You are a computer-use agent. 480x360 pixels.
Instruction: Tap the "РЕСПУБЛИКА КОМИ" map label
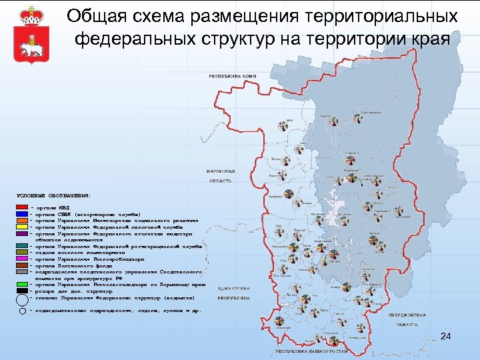pos(234,75)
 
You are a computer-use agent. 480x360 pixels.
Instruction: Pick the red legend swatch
pos(22,208)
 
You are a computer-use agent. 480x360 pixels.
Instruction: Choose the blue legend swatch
pos(22,214)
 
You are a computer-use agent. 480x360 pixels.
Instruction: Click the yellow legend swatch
pos(22,227)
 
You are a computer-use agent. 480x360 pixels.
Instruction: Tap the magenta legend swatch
pos(22,259)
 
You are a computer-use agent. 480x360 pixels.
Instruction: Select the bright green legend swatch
pos(22,285)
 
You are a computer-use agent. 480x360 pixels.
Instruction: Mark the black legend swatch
pos(22,291)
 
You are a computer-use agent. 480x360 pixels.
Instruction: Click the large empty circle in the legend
pos(22,299)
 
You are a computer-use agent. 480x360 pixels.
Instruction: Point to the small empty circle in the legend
pos(22,311)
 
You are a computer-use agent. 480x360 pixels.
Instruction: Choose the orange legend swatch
pos(22,220)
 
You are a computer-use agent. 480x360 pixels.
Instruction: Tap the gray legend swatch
pos(22,272)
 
